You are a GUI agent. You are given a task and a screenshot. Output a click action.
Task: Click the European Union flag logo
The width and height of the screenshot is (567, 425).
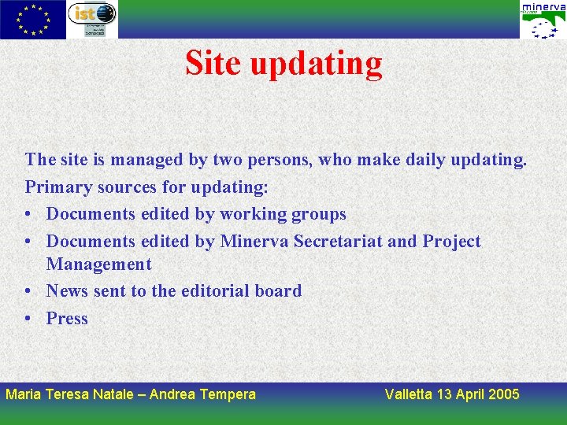pyautogui.click(x=33, y=20)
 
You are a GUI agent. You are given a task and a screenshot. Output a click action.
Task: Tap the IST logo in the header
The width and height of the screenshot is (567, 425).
pyautogui.click(x=92, y=19)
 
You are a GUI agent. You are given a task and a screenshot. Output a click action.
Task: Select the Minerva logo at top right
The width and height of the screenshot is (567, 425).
pyautogui.click(x=543, y=20)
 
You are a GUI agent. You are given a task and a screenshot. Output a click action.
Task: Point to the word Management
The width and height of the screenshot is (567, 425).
pyautogui.click(x=98, y=264)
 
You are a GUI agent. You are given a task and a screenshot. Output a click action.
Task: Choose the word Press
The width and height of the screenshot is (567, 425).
pyautogui.click(x=67, y=318)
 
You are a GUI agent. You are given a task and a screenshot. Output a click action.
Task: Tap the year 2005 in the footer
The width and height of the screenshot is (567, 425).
pyautogui.click(x=503, y=394)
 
